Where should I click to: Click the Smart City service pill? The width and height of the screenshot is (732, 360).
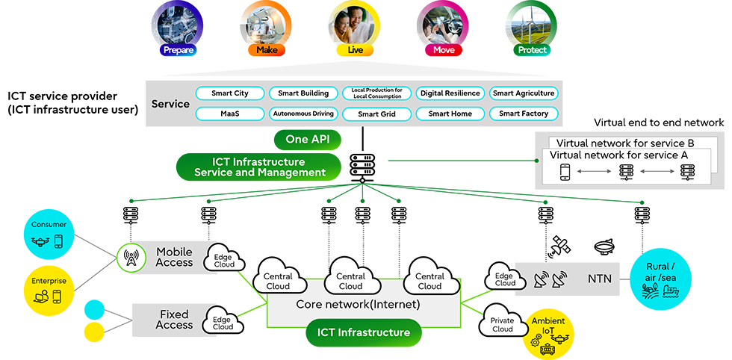click(229, 93)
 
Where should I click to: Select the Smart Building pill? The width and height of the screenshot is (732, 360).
click(303, 93)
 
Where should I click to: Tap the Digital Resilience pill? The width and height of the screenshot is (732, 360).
click(450, 93)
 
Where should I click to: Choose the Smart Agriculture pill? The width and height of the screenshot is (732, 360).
click(524, 93)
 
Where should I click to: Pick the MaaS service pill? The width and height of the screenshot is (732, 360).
click(229, 114)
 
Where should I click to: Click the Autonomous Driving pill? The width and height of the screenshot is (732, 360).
click(303, 114)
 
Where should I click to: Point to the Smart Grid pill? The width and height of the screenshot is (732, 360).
click(376, 114)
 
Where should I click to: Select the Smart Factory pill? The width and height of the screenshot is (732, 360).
click(524, 114)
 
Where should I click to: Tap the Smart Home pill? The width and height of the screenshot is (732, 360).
click(450, 114)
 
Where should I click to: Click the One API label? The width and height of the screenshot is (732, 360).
click(307, 139)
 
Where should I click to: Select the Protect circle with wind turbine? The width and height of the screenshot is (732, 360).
click(532, 28)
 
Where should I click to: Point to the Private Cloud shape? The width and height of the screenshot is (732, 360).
click(503, 325)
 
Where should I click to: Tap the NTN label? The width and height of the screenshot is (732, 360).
click(599, 279)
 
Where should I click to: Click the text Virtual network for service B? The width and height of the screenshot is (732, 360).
click(621, 142)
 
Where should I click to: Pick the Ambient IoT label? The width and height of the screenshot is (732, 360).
click(548, 325)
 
